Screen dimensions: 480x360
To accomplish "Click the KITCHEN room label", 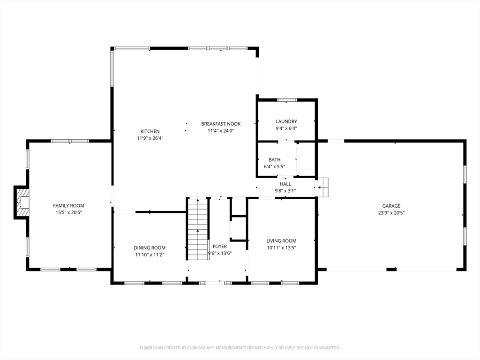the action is tap(150, 131).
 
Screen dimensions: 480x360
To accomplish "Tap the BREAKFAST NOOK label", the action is tap(221, 124).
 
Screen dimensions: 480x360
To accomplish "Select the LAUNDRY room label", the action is tap(286, 121).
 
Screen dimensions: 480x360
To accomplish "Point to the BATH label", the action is tap(274, 160).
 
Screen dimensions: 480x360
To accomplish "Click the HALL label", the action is tap(285, 184).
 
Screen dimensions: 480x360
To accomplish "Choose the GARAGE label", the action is tap(391, 206).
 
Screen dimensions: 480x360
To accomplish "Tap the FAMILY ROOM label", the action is tap(68, 206).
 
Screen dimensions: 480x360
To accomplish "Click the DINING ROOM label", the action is tap(150, 248).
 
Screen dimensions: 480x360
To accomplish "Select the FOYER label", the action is tap(220, 247).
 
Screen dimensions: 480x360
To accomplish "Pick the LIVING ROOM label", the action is tap(281, 241).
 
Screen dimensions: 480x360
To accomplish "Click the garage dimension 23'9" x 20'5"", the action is tap(391, 213).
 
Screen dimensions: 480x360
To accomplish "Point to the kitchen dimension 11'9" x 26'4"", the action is tap(150, 138).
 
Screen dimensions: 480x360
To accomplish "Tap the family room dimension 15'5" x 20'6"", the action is tap(68, 213).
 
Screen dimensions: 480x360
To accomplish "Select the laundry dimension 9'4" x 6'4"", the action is tap(286, 128).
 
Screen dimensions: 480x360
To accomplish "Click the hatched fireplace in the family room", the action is tap(22, 202).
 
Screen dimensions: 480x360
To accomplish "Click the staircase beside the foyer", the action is tap(198, 229).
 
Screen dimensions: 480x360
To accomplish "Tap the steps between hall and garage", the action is tap(322, 187).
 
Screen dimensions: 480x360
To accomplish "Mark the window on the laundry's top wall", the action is tap(287, 100).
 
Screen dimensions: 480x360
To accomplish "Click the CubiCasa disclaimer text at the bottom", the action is tap(240, 348).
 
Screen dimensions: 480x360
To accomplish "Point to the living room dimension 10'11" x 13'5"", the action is tap(281, 248).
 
